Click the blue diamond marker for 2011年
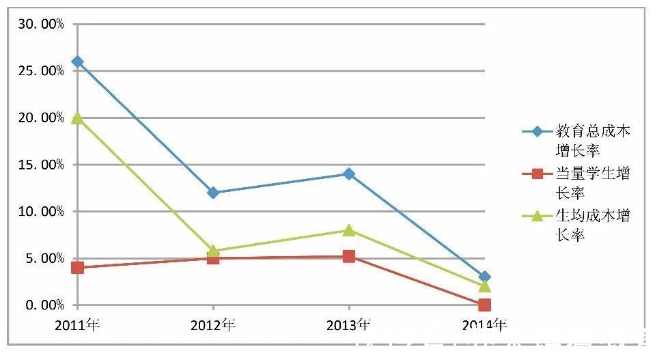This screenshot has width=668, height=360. coord(77,61)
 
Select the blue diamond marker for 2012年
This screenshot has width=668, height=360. coord(213,193)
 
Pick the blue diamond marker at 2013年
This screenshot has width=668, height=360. coord(349,174)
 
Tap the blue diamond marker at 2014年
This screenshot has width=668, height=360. coord(484,277)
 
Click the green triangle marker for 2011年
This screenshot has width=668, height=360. coord(77,117)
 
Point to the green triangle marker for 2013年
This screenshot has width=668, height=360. coord(349,230)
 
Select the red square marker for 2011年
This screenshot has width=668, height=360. coord(77,267)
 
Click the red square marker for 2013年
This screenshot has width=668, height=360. coord(349,256)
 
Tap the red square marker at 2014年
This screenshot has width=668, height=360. coord(484,305)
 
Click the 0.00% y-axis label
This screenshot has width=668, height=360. coord(44,305)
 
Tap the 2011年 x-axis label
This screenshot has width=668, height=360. coord(77,325)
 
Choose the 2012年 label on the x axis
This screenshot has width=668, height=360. coord(213,325)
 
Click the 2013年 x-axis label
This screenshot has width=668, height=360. coord(349,325)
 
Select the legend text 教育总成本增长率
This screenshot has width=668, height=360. coord(592,139)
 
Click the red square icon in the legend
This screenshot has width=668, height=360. coord(537,174)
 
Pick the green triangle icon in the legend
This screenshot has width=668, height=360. coord(537,216)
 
